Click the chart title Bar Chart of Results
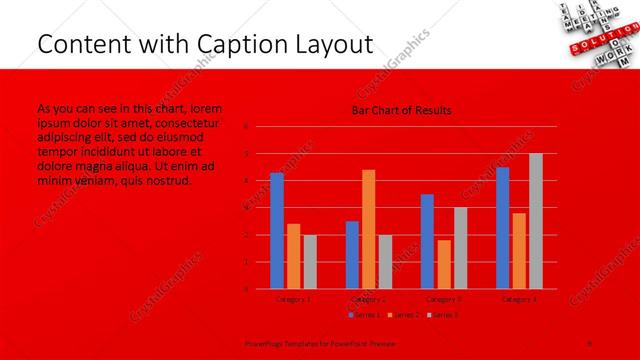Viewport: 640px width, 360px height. click(401, 110)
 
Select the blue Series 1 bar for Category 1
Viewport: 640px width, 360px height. click(277, 231)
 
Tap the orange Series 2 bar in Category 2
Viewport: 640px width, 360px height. click(368, 229)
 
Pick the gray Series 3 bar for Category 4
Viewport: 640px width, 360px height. click(535, 221)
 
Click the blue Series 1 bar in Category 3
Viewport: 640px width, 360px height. click(427, 241)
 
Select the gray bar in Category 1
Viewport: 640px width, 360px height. click(309, 262)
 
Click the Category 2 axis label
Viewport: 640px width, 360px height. click(368, 298)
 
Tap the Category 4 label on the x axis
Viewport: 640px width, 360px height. click(518, 298)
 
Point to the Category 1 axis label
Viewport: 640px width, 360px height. click(293, 298)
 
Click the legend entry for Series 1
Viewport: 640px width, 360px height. click(363, 315)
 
